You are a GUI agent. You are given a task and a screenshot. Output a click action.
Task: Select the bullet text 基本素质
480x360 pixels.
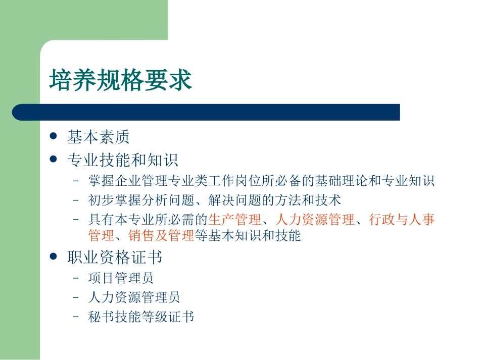click(x=98, y=137)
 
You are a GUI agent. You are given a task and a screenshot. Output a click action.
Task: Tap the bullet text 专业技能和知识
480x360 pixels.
click(x=123, y=161)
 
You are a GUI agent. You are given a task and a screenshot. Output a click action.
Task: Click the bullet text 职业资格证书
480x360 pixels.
click(x=115, y=258)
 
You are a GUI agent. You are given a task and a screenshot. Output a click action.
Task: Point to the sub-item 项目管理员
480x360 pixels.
click(x=121, y=278)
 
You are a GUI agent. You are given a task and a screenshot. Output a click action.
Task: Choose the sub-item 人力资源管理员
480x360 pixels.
click(x=134, y=297)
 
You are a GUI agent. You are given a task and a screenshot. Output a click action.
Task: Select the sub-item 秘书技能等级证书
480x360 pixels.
click(x=141, y=317)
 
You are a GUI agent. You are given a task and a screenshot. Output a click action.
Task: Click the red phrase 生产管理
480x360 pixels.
click(x=235, y=220)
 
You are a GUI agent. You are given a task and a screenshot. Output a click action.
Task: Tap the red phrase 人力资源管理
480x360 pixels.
click(x=315, y=220)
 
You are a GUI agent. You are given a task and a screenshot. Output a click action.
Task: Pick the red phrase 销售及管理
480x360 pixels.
click(x=161, y=235)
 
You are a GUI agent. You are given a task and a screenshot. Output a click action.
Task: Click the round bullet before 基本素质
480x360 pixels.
click(x=54, y=136)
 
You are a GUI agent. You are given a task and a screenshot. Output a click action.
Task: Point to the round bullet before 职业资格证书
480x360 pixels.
click(x=54, y=257)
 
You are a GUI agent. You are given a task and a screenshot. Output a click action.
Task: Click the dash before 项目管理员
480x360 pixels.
click(x=76, y=278)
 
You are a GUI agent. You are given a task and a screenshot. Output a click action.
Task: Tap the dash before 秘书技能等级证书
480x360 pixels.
click(x=76, y=317)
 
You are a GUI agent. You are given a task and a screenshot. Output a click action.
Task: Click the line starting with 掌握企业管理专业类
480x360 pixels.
click(x=261, y=181)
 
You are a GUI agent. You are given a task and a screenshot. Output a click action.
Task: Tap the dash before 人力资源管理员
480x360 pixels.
click(x=76, y=297)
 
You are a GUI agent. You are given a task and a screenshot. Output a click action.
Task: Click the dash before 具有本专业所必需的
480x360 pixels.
click(x=76, y=220)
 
